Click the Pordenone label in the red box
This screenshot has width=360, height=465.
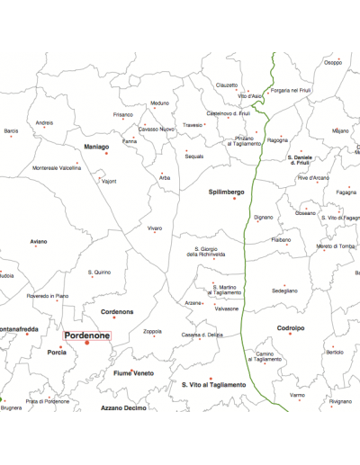87,334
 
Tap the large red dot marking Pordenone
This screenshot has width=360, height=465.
87,343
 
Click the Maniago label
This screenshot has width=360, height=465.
96,146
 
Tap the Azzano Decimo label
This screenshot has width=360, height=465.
123,408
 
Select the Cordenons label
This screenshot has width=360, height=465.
117,311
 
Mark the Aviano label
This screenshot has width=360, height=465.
38,241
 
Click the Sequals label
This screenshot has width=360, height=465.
194,156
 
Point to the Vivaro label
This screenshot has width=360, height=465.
155,228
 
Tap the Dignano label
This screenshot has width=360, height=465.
263,217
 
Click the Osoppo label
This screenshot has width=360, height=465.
333,62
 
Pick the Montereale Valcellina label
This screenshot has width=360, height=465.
57,168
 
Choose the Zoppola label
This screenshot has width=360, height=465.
152,331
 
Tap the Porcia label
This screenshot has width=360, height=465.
57,353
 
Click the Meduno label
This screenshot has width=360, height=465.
160,103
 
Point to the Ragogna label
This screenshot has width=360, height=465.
277,140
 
